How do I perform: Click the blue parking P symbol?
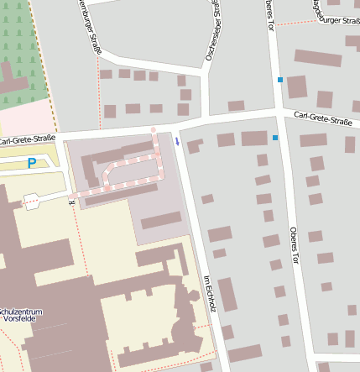tap(32, 163)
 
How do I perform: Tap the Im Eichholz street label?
tap(210, 293)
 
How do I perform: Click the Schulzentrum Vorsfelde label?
tap(22, 317)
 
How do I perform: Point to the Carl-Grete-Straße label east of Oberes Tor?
tap(322, 119)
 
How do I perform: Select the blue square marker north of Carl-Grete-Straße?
tap(280, 80)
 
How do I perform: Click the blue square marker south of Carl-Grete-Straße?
tap(275, 137)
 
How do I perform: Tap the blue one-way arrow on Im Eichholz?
tap(178, 140)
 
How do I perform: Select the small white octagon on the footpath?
tap(32, 201)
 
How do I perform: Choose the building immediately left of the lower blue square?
tap(253, 139)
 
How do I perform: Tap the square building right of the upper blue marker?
tap(297, 86)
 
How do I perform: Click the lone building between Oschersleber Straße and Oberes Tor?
tap(236, 106)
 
